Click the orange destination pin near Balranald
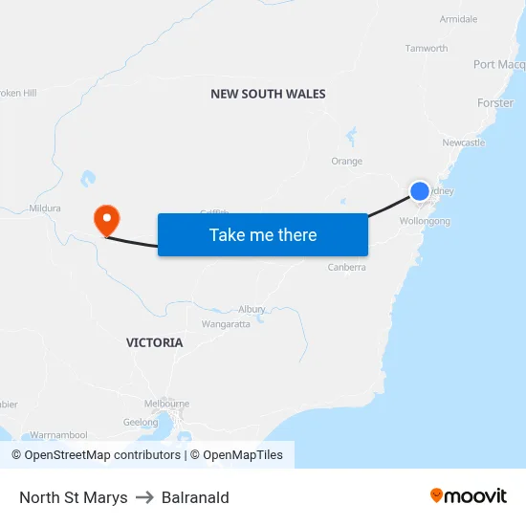[105, 220]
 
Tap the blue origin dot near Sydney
[420, 191]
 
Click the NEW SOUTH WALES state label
[268, 94]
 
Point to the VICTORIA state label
[154, 342]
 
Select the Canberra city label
[346, 268]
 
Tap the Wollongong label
[425, 221]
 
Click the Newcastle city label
[464, 142]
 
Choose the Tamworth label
[427, 48]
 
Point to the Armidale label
[458, 19]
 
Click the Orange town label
[346, 162]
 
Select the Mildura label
[45, 208]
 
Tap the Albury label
[252, 309]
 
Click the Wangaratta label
[226, 324]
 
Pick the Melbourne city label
[166, 404]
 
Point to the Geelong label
[141, 422]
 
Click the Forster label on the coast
[495, 103]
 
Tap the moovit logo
[469, 495]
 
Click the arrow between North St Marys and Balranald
[144, 497]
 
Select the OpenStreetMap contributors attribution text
[96, 455]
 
